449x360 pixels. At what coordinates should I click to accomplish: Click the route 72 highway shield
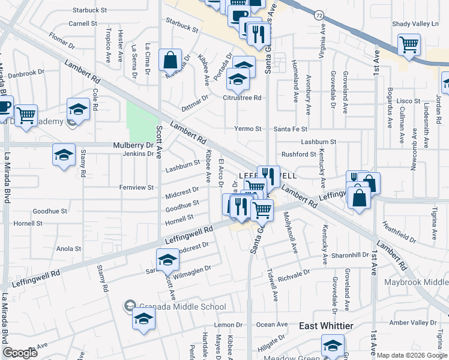tap(319, 14)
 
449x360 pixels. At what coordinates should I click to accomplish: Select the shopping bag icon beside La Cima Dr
tap(170, 60)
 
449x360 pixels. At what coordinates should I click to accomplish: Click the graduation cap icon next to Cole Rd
tap(78, 109)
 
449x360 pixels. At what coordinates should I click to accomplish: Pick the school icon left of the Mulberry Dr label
tap(64, 155)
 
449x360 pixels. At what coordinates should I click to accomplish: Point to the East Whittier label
tap(327, 325)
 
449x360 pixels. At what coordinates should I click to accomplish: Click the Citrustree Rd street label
tap(243, 97)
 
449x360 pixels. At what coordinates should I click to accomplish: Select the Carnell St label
tap(83, 23)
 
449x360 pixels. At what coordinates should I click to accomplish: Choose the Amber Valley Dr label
tap(414, 323)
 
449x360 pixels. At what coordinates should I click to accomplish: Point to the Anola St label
tap(68, 248)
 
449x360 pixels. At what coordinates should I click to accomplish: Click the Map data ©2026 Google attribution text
tap(411, 355)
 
